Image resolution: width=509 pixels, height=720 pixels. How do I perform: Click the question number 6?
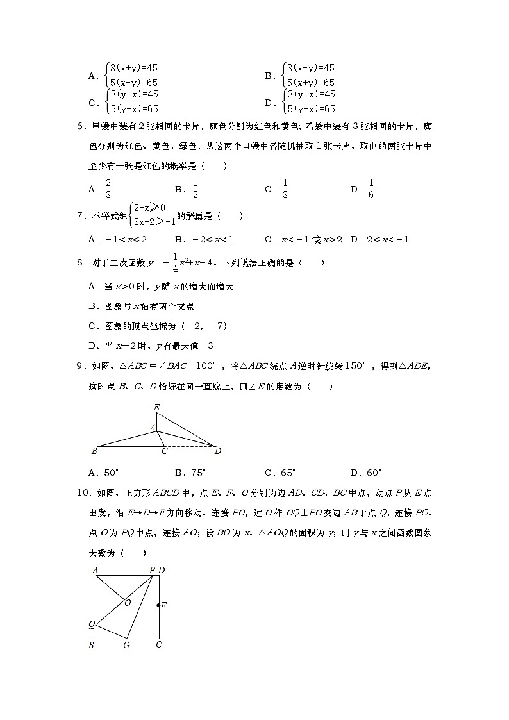[x=80, y=126]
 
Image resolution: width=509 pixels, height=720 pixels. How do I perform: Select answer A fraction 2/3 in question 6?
[x=108, y=189]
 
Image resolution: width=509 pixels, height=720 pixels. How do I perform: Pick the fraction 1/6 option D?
[x=371, y=189]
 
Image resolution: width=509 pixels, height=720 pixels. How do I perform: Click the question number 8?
[x=80, y=263]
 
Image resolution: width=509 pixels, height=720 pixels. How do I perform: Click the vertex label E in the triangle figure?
[x=156, y=407]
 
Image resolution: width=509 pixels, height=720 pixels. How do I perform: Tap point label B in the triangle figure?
[x=94, y=451]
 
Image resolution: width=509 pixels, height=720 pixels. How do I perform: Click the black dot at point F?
[x=159, y=605]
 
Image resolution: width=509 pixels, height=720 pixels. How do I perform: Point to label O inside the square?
[x=128, y=603]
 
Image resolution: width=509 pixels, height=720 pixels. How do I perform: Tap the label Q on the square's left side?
[x=92, y=624]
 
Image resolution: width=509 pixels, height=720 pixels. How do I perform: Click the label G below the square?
[x=127, y=645]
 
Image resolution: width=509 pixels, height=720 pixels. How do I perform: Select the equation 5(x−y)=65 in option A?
[x=133, y=82]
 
